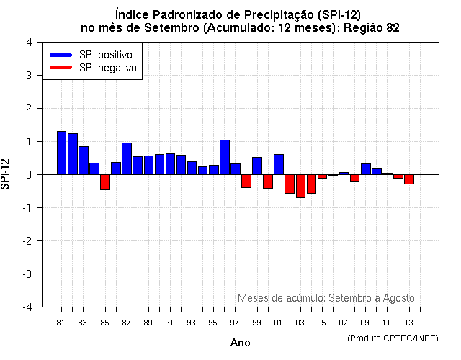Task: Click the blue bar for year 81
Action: click(61, 153)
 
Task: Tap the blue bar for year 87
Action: click(127, 158)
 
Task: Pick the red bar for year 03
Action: click(300, 186)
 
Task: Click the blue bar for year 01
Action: click(279, 164)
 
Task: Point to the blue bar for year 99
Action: click(257, 166)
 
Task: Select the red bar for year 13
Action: click(409, 179)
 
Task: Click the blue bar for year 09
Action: click(366, 169)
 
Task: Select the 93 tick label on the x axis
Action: click(191, 323)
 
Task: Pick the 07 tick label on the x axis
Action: click(344, 323)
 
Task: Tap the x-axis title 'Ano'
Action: click(240, 343)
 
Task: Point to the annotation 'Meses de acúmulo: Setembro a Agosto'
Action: click(326, 298)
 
